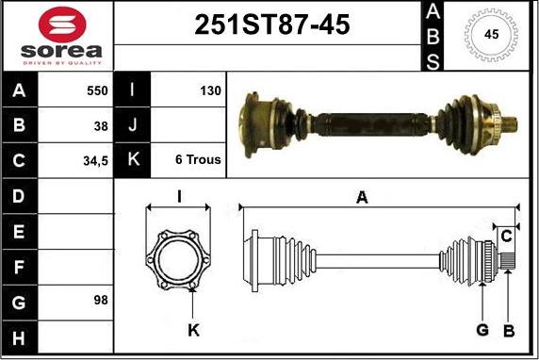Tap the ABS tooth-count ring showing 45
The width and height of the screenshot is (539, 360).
490,35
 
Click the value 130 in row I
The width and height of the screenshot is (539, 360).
209,91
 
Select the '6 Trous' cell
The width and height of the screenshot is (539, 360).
198,160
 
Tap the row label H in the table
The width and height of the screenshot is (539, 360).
19,335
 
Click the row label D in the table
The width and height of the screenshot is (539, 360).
19,195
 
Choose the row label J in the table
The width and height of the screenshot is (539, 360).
131,125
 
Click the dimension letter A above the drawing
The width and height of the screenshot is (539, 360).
362,197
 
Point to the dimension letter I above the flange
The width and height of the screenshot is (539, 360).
179,196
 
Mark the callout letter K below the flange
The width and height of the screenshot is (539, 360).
193,330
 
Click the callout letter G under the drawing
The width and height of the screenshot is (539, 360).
482,330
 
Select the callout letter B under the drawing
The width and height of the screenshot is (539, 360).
508,330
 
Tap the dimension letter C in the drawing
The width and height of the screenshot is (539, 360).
506,234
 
